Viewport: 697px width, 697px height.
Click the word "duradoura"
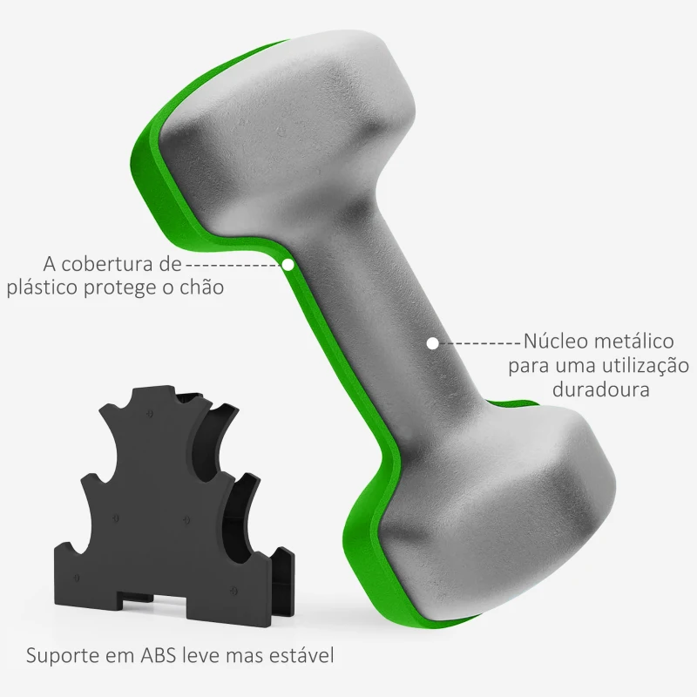pos(601,389)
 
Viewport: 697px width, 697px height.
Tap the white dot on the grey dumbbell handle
pos(433,342)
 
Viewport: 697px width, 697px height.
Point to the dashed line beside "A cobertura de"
pos(233,262)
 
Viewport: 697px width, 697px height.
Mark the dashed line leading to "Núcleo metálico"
pos(478,342)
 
